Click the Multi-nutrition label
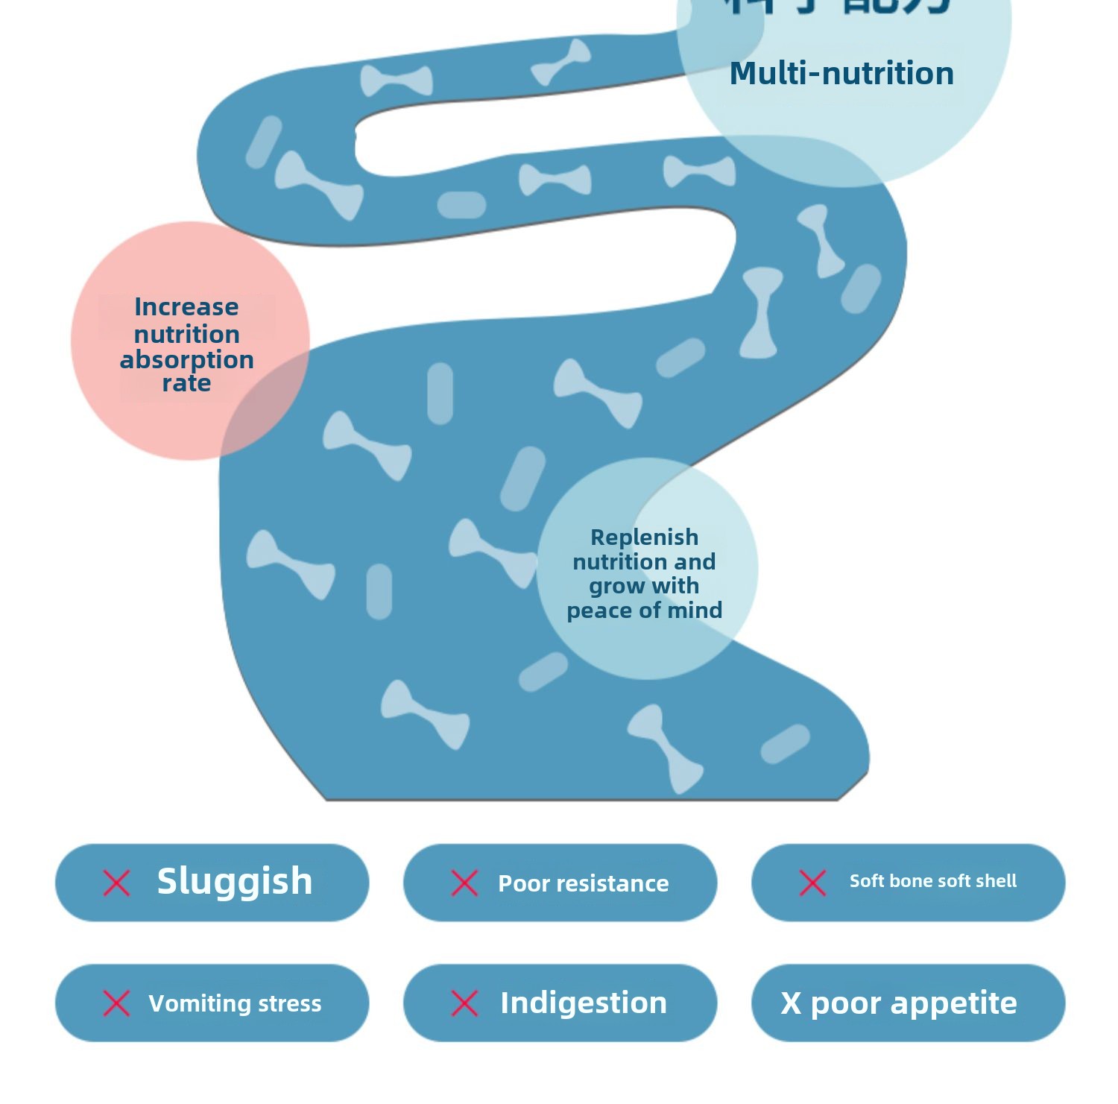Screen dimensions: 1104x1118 click(x=841, y=74)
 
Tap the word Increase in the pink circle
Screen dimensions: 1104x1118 click(x=186, y=307)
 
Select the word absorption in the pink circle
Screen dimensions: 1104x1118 click(x=186, y=360)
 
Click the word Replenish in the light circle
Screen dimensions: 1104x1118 click(x=645, y=537)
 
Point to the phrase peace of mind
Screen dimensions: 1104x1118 click(x=645, y=611)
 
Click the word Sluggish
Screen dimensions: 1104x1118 click(x=235, y=882)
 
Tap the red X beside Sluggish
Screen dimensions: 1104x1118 click(x=116, y=883)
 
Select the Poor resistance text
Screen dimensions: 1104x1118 click(x=584, y=884)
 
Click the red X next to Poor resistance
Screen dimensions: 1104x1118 click(x=464, y=883)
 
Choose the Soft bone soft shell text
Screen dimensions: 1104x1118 click(x=933, y=881)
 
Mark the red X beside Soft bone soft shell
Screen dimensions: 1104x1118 click(x=812, y=883)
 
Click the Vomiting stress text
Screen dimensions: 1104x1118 click(x=235, y=1004)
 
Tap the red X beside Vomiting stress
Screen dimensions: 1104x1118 click(x=116, y=1003)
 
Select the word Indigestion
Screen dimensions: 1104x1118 click(x=584, y=1003)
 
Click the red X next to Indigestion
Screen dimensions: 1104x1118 click(x=464, y=1003)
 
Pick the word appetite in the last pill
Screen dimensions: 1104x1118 click(x=954, y=1004)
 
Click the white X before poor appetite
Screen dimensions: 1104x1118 click(x=791, y=1004)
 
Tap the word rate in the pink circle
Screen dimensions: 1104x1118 click(x=186, y=384)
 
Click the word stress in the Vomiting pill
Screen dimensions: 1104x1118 click(x=289, y=1004)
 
